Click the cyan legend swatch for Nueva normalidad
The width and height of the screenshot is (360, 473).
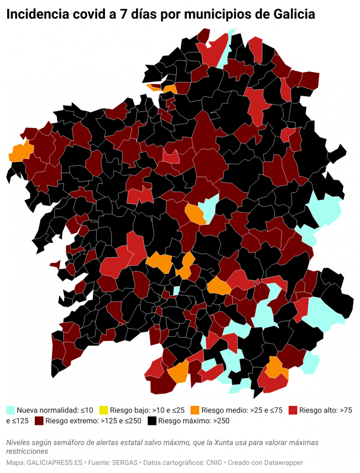click(10, 410)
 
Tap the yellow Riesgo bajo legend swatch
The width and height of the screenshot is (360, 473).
click(103, 410)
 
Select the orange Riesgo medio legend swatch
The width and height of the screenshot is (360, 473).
click(194, 410)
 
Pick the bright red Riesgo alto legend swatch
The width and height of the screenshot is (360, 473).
click(293, 410)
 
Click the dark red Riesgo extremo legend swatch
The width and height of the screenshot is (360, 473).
click(39, 421)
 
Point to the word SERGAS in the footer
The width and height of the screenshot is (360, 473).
click(127, 463)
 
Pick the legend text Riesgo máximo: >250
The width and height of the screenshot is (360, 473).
click(189, 421)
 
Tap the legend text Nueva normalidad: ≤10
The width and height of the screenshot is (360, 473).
click(55, 410)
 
